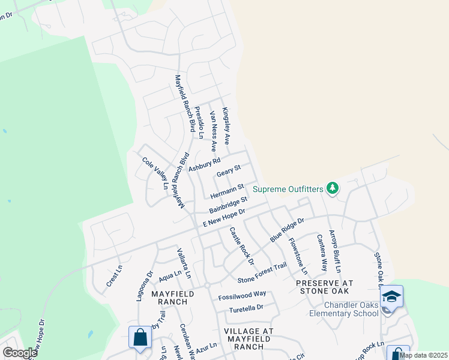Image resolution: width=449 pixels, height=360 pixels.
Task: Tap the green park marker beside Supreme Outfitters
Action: click(x=333, y=188)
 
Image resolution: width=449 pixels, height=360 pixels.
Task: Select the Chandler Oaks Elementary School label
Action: click(x=344, y=309)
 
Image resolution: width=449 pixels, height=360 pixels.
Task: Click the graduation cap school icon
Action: click(x=391, y=297)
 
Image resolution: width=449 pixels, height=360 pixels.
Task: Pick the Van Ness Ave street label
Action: click(x=213, y=130)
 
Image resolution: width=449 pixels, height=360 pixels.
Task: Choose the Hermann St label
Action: click(x=227, y=191)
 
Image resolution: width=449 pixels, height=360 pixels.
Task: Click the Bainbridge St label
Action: click(x=228, y=204)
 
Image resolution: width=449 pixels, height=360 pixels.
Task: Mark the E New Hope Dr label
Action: click(x=224, y=218)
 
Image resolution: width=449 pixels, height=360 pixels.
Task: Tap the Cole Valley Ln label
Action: click(x=155, y=173)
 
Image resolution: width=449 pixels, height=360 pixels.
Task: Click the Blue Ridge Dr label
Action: click(x=288, y=230)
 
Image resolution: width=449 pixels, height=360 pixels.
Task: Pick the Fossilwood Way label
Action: click(x=242, y=294)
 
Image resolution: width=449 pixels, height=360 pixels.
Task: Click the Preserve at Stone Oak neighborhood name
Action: click(x=324, y=286)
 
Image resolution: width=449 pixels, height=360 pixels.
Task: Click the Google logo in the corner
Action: click(x=19, y=353)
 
